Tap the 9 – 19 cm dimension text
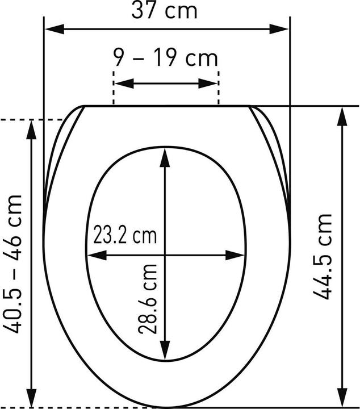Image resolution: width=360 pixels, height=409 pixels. pos(166,58)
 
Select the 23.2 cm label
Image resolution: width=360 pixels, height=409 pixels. pos(125,236)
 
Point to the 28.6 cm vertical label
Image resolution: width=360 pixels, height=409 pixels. pos(148,299)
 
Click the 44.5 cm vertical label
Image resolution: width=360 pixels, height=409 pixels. pos(322,257)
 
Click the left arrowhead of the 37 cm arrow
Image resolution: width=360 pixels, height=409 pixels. pos(55,29)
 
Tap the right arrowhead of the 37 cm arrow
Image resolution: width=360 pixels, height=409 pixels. pos(279,29)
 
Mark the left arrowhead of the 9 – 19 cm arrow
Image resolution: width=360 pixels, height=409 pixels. pos(124,84)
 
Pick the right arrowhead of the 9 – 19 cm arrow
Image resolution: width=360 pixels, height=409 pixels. pos(207,84)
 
